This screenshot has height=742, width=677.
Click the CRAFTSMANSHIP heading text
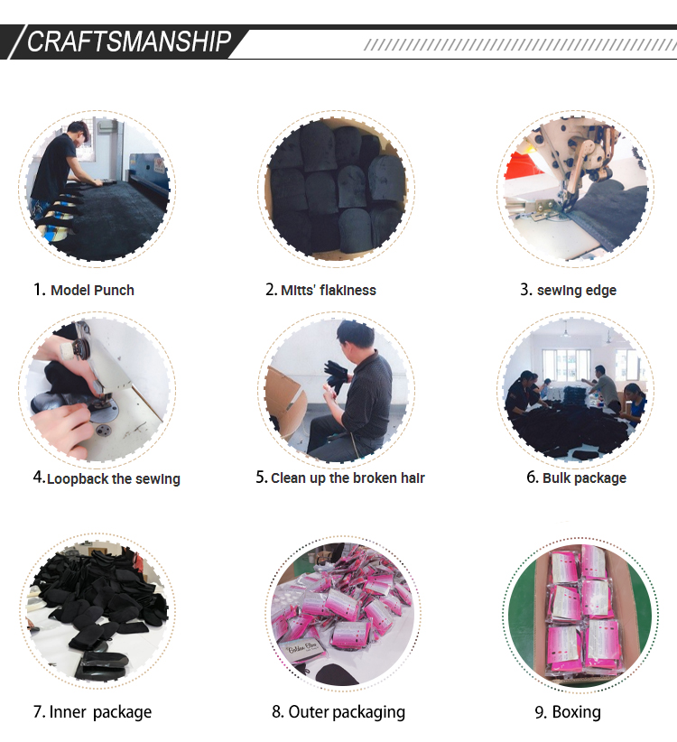[x=129, y=42]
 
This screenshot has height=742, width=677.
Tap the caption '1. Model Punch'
[x=84, y=290]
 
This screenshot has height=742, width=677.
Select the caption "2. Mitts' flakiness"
[x=320, y=290]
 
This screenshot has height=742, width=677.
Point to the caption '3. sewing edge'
[x=568, y=290]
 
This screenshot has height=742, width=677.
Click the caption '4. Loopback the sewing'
[x=107, y=478]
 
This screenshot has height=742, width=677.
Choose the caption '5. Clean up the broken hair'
[x=340, y=478]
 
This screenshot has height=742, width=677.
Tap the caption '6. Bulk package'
[x=576, y=478]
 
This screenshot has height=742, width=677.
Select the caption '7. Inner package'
[x=92, y=711]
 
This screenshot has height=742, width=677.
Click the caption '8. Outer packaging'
[x=338, y=711]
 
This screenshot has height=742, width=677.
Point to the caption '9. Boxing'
[x=568, y=711]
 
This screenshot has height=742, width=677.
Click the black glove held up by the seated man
[x=336, y=376]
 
